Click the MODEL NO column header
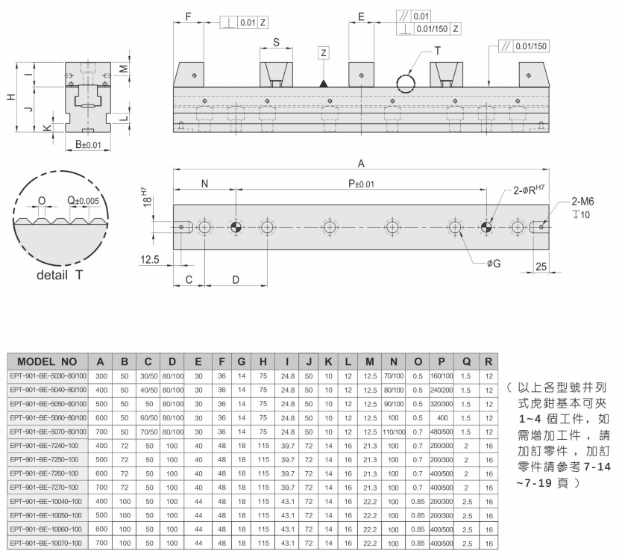tap(47, 361)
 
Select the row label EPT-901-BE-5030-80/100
tap(48, 376)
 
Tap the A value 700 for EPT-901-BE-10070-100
tap(101, 543)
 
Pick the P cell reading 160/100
tap(442, 376)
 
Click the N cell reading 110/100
tap(394, 432)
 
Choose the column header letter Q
tap(466, 361)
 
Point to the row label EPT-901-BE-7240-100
tap(44, 446)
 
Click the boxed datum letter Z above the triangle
tap(324, 53)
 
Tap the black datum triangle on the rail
tap(324, 84)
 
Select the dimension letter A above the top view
tap(361, 164)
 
